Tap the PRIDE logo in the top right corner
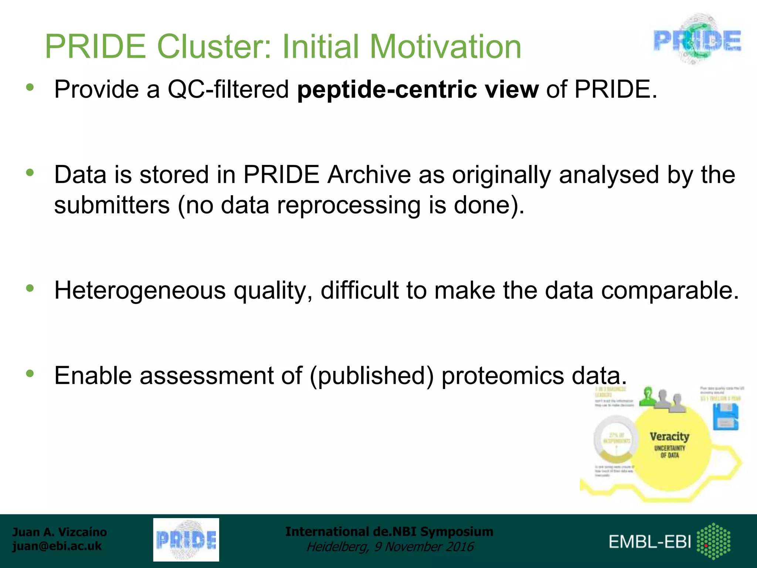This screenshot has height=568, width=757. point(697,40)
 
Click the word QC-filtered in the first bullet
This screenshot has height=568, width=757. point(228,89)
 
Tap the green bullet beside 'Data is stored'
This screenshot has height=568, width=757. point(30,173)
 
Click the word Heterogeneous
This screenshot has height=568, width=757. point(140,290)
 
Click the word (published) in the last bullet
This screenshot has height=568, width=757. point(371,376)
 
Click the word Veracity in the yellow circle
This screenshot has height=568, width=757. point(669,436)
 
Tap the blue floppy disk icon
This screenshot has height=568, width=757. point(725,416)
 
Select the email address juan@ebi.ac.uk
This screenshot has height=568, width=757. point(57,546)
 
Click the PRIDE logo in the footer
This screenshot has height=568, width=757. point(186,540)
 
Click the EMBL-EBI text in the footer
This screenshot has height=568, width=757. point(650,542)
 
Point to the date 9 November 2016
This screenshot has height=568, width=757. point(424,547)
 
